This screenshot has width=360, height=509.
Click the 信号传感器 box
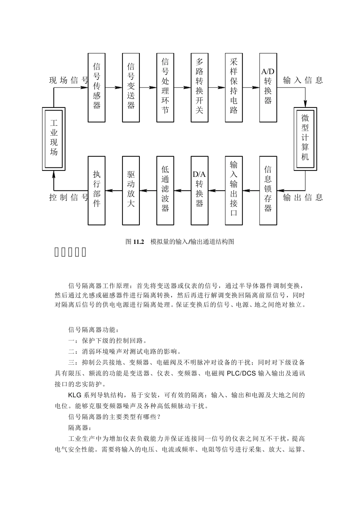pos(97,87)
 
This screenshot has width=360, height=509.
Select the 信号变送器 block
pos(131,87)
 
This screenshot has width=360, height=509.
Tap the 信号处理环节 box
pos(165,87)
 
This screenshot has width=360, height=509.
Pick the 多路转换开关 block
pos(199,87)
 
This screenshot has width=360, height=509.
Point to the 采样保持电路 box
pos(234,87)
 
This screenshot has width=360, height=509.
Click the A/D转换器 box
pos(268,87)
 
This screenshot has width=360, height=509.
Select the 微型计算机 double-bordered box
pos(305,139)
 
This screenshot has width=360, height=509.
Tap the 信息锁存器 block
pos(268,190)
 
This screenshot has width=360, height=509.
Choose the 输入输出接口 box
pos(234,190)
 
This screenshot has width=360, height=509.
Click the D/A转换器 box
pos(199,190)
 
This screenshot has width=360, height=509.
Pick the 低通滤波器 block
pos(165,190)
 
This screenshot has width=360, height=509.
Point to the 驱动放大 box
pos(131,190)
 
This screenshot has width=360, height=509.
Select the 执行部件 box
pos(97,190)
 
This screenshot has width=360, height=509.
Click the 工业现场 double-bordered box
pos(54,139)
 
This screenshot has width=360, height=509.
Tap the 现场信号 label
pos(69,80)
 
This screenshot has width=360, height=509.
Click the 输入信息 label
pos(303,80)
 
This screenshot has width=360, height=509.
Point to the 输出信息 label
pos(303,197)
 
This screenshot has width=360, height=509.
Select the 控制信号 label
pos(69,197)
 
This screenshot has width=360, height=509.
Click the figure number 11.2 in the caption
pos(139,242)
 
